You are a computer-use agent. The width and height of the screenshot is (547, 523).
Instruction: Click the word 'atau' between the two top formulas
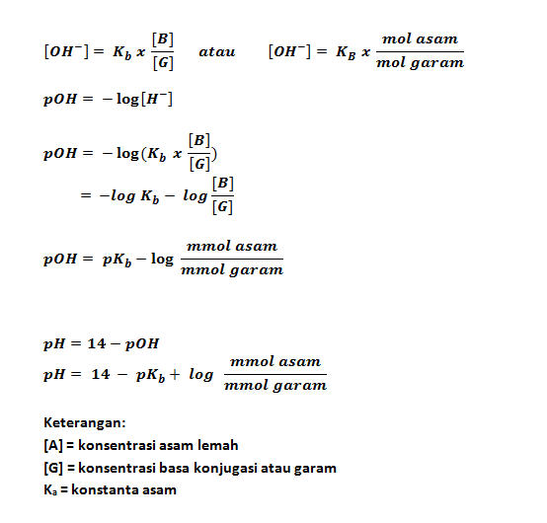pyautogui.click(x=216, y=50)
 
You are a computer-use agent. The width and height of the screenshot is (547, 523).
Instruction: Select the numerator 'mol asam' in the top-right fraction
pyautogui.click(x=421, y=39)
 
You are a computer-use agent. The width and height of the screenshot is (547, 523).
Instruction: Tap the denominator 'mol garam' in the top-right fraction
pyautogui.click(x=421, y=63)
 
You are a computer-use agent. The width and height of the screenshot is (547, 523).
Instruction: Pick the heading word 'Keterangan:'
pyautogui.click(x=85, y=422)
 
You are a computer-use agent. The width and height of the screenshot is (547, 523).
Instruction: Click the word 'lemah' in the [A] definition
pyautogui.click(x=218, y=445)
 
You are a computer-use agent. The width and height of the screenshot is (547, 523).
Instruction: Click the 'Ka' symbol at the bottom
pyautogui.click(x=53, y=489)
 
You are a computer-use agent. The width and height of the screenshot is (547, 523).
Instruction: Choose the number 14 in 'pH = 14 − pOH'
pyautogui.click(x=98, y=344)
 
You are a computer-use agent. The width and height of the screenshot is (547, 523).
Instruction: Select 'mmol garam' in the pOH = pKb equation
pyautogui.click(x=232, y=270)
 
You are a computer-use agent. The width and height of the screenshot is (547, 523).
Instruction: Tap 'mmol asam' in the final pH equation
pyautogui.click(x=275, y=363)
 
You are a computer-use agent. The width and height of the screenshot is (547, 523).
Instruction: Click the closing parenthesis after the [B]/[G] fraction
pyautogui.click(x=214, y=153)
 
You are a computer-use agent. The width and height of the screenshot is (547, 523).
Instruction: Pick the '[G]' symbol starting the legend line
pyautogui.click(x=53, y=467)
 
